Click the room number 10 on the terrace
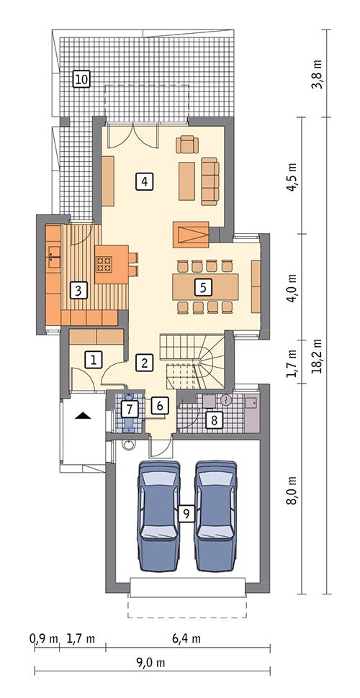81,79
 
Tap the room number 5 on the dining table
203,286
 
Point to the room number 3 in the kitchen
78,291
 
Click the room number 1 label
93,359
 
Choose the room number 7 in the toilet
129,409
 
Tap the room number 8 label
212,419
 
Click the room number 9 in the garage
186,514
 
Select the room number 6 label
161,406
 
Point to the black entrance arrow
84,415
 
